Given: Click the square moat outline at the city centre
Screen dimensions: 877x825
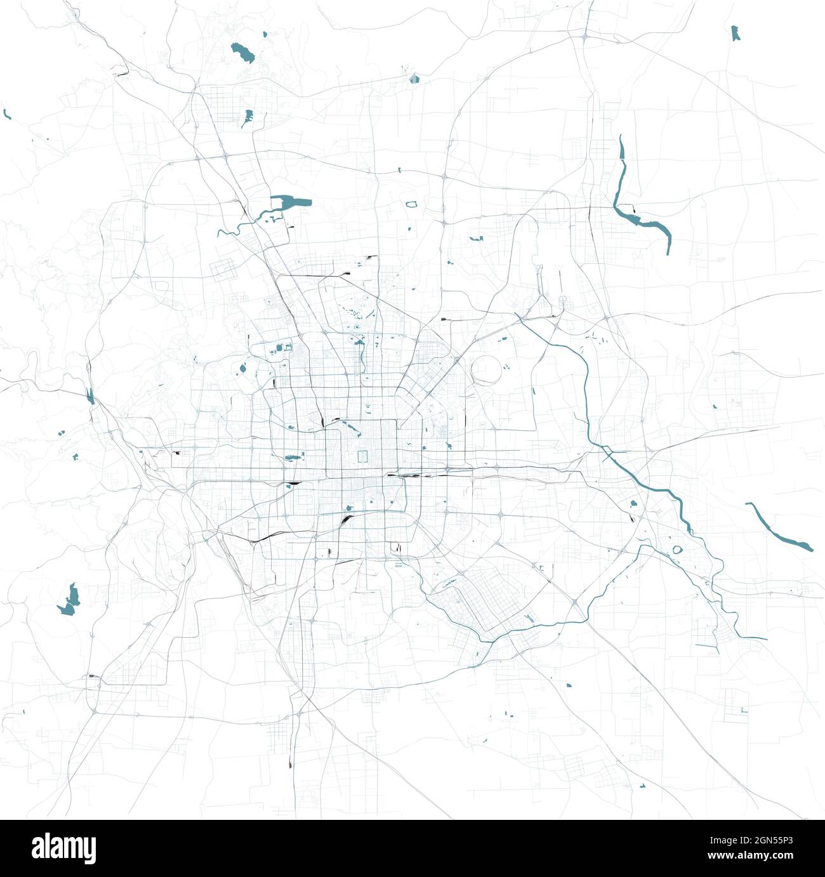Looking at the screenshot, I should point(364,456).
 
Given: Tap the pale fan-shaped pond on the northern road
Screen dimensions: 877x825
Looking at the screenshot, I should point(414,79).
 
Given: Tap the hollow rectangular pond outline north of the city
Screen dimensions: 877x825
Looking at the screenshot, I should point(412,204).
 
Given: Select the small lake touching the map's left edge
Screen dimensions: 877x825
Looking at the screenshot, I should point(7,114).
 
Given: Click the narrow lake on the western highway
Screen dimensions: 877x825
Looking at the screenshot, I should point(90,396).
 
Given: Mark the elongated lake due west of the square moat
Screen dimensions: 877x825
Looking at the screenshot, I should point(293,457).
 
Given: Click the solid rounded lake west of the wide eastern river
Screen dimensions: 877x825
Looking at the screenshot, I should point(633,504).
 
